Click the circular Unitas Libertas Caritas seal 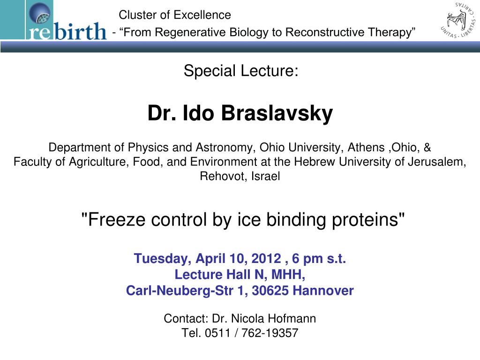click(459, 20)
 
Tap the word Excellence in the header click(202, 15)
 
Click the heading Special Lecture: click(240, 71)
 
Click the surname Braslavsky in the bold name click(277, 113)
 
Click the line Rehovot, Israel click(240, 177)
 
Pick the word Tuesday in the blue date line click(161, 258)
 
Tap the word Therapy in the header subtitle click(391, 32)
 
